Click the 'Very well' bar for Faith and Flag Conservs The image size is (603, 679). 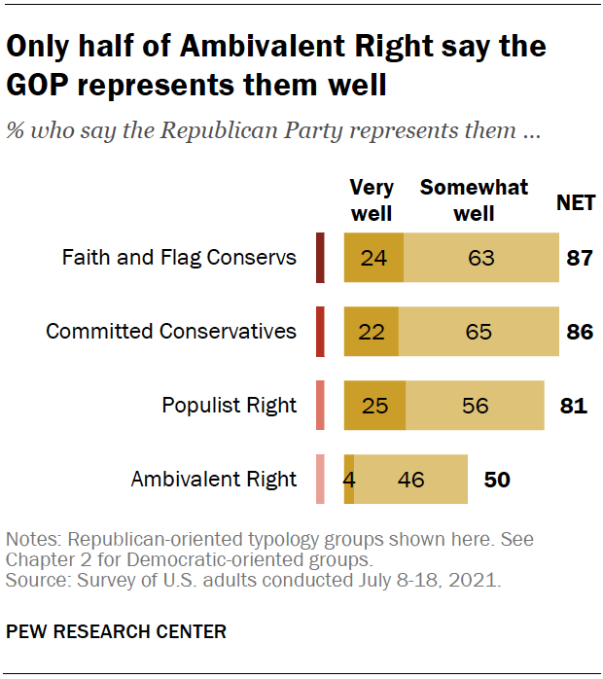(373, 258)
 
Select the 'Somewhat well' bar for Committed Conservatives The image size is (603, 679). (478, 332)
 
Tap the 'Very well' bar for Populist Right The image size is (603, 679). (374, 405)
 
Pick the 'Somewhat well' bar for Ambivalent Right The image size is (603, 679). (411, 479)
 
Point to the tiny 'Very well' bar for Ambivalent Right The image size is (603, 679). (349, 479)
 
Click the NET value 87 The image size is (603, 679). (580, 258)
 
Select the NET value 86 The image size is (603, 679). (580, 332)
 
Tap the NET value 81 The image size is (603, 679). (574, 405)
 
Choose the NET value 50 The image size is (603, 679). (497, 479)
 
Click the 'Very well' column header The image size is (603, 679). (371, 199)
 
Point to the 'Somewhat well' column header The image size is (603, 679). (474, 199)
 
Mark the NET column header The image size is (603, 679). (576, 203)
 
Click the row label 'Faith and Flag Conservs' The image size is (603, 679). (179, 258)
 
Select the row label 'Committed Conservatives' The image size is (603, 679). (171, 332)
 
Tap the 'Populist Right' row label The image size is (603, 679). (230, 405)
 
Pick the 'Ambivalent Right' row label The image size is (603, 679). (214, 479)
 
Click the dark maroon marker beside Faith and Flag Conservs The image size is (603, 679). (320, 258)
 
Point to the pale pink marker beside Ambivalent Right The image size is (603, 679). (320, 479)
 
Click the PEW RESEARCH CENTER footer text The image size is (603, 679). (117, 631)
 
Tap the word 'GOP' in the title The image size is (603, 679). (42, 86)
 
